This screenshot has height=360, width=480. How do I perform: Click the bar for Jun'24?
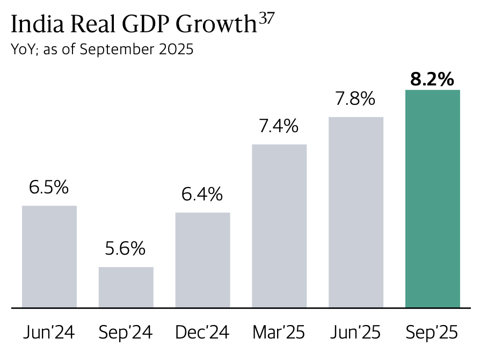pyautogui.click(x=49, y=257)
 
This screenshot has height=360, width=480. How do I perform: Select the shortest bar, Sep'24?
pyautogui.click(x=126, y=287)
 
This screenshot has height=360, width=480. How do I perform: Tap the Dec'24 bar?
pyautogui.click(x=203, y=260)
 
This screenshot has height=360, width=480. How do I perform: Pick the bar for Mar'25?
pyautogui.click(x=279, y=226)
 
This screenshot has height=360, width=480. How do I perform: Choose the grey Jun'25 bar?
pyautogui.click(x=356, y=212)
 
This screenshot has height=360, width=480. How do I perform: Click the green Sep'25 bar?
pyautogui.click(x=433, y=199)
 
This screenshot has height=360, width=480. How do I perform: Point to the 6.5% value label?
pyautogui.click(x=49, y=188)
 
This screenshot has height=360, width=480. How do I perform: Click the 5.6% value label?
pyautogui.click(x=126, y=249)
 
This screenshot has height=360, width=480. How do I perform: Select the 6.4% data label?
pyautogui.click(x=202, y=194)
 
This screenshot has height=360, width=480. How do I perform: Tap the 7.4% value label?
pyautogui.click(x=279, y=126)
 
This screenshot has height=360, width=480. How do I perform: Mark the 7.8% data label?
pyautogui.click(x=356, y=99)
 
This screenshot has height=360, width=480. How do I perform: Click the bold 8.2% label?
pyautogui.click(x=432, y=80)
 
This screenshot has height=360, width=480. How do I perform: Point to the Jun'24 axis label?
pyautogui.click(x=49, y=333)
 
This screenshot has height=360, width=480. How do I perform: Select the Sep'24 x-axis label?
pyautogui.click(x=126, y=333)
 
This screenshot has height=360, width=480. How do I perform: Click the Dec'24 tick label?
pyautogui.click(x=202, y=333)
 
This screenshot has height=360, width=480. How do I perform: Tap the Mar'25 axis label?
pyautogui.click(x=279, y=333)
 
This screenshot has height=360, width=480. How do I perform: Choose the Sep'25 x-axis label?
pyautogui.click(x=432, y=333)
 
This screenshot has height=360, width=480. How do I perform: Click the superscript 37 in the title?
pyautogui.click(x=267, y=19)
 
